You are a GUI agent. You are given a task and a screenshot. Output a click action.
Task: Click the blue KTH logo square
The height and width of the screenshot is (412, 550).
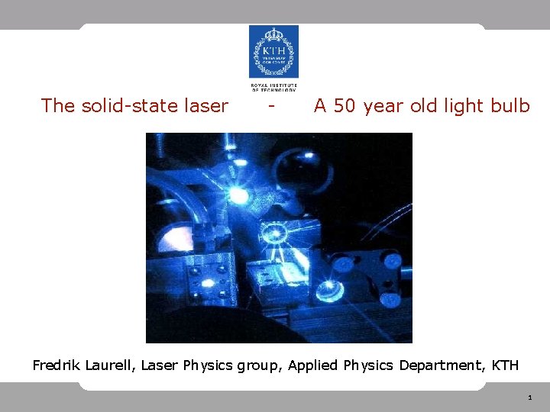tap(273, 52)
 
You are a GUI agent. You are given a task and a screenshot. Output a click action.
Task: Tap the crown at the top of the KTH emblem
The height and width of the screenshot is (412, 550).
tap(273, 34)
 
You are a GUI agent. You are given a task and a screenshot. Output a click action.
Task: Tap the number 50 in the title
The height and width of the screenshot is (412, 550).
tap(344, 106)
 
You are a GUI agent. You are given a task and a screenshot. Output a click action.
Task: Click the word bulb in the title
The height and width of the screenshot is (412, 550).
tap(512, 106)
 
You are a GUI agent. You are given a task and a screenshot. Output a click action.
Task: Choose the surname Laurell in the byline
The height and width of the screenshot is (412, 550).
tap(108, 365)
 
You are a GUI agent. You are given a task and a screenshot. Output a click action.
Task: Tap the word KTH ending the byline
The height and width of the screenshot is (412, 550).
tap(505, 365)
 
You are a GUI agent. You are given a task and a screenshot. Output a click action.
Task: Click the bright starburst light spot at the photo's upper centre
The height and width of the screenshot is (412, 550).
tap(239, 196)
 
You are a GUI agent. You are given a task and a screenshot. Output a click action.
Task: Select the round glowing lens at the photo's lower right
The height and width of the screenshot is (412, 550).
tap(329, 288)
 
